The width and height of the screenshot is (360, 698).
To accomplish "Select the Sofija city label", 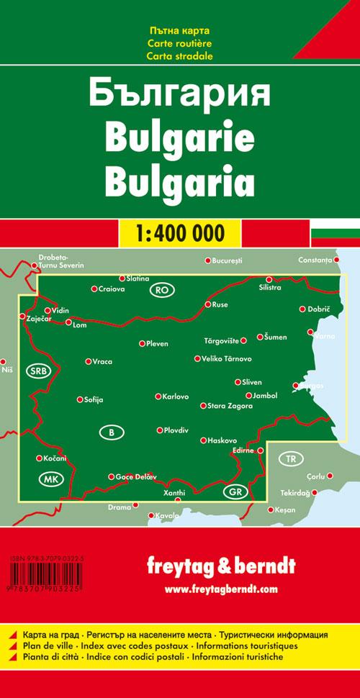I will (94, 399).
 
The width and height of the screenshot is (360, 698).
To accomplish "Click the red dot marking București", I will (207, 260).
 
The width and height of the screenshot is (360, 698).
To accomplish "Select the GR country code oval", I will (235, 492).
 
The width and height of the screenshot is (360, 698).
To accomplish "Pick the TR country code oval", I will (290, 458).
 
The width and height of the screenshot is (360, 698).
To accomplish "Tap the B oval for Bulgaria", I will (111, 432).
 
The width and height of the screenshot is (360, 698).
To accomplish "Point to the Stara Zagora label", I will (230, 407).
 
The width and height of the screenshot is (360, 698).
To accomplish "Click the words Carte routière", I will (180, 44).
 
